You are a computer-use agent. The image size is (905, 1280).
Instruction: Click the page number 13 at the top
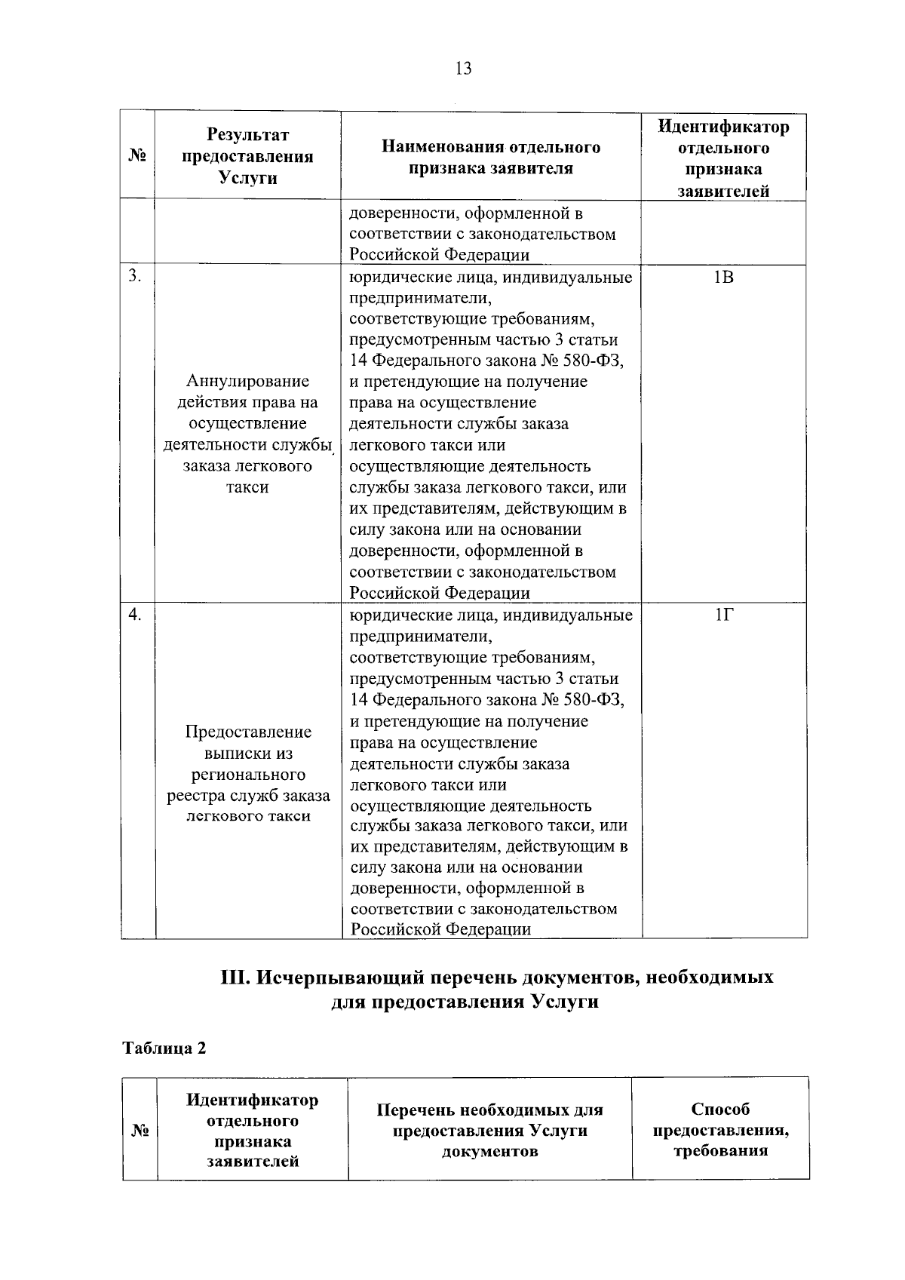tap(463, 69)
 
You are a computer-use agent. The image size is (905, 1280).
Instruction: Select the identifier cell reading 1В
tap(723, 278)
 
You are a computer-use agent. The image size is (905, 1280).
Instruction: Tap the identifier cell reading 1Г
tap(723, 615)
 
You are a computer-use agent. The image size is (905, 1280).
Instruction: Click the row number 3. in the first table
tap(133, 276)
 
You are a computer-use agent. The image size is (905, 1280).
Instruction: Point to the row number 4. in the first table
tap(133, 615)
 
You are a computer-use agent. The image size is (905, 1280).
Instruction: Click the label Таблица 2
tap(164, 1048)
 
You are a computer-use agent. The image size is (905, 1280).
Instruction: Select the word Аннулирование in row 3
tap(247, 382)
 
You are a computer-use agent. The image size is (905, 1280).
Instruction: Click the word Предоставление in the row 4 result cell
tap(248, 732)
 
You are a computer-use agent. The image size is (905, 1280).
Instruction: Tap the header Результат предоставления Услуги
tap(248, 156)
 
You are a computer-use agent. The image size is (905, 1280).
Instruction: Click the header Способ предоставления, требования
tap(720, 1129)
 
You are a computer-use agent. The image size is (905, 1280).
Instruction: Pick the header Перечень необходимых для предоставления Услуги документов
tap(489, 1130)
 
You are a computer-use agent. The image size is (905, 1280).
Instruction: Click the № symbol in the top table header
tap(137, 157)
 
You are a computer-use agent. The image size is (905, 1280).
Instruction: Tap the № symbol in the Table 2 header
tap(140, 1131)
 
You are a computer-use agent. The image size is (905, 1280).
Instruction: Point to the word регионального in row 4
tap(248, 775)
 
